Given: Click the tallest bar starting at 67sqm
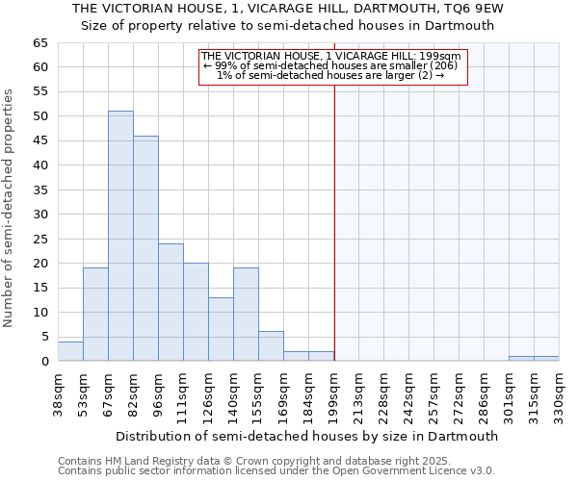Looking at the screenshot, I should click(120, 236).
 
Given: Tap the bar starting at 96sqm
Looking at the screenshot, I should click(171, 302).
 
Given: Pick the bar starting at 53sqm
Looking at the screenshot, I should click(95, 315).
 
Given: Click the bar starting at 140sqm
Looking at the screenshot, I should click(246, 315).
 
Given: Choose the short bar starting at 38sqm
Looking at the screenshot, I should click(70, 351).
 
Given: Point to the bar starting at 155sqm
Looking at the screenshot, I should click(271, 346).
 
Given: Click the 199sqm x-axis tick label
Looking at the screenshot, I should click(334, 392).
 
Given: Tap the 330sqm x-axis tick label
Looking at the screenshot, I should click(560, 392).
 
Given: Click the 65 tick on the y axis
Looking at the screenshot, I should click(39, 43).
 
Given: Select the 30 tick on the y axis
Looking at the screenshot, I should click(39, 215).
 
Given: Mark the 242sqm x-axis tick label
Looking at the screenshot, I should click(409, 392).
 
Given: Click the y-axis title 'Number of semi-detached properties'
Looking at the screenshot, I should click(11, 208).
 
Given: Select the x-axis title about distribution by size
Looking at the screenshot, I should click(305, 436).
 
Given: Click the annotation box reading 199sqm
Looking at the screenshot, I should click(332, 65).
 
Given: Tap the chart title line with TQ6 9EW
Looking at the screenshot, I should click(288, 9).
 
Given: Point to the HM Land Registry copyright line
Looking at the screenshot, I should click(276, 461).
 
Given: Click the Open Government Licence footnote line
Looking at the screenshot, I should click(276, 471).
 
